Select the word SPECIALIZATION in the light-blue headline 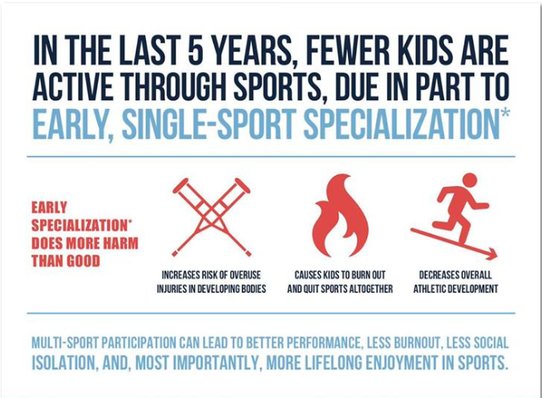(401, 124)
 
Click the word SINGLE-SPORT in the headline (208, 124)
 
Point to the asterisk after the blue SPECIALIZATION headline (504, 113)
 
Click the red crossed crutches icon (211, 217)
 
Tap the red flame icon (340, 216)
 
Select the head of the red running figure (469, 181)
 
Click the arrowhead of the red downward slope (492, 254)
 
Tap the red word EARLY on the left (49, 208)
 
